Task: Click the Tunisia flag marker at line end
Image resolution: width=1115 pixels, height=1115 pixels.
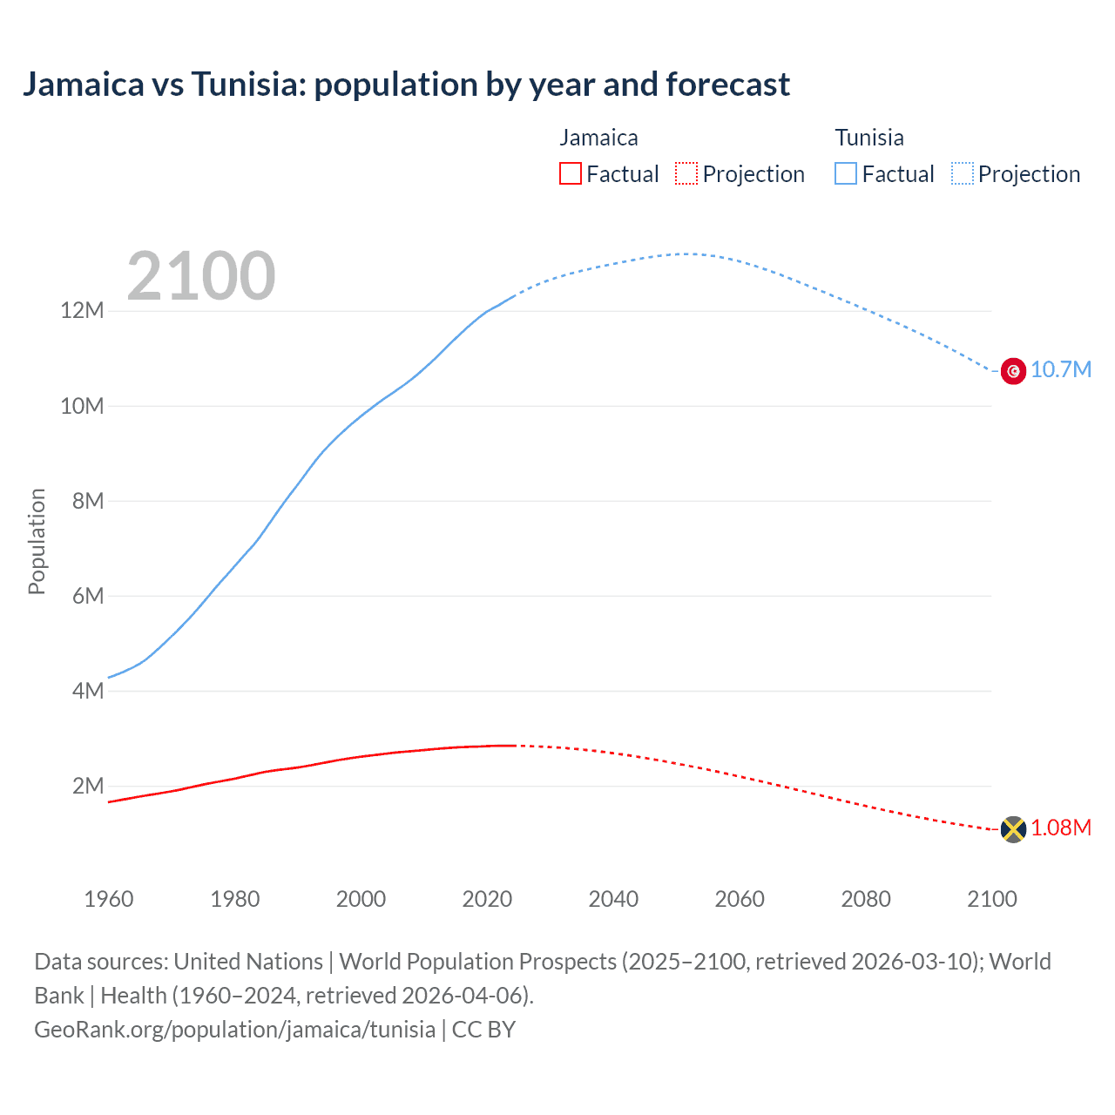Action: (1013, 371)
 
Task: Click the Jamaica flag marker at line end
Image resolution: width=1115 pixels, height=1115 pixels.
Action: (1013, 829)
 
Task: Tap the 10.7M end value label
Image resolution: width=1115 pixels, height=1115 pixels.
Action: (1061, 370)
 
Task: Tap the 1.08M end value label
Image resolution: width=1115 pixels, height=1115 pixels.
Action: (1061, 828)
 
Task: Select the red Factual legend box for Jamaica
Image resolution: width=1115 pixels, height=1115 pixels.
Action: (571, 174)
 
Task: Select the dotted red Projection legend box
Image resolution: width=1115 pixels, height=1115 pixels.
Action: (686, 174)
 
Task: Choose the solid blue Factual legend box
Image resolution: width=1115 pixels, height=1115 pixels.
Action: (846, 174)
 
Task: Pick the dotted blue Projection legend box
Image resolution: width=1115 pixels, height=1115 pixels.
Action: (963, 174)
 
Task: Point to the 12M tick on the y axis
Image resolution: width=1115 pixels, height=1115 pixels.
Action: (82, 311)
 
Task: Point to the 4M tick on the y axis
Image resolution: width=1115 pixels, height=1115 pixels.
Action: (87, 692)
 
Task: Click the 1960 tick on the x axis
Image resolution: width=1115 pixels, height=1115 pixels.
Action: (109, 899)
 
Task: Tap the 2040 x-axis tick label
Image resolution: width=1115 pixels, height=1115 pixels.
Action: (613, 899)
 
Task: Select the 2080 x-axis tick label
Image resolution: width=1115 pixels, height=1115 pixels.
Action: (866, 899)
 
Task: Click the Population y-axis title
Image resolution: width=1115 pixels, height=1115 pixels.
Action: (37, 541)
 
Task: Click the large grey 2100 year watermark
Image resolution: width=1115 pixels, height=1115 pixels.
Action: (201, 276)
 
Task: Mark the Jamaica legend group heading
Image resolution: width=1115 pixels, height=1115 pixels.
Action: (598, 138)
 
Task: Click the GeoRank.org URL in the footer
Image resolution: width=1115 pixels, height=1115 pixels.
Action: (234, 1030)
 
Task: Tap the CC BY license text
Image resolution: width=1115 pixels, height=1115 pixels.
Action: (483, 1030)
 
